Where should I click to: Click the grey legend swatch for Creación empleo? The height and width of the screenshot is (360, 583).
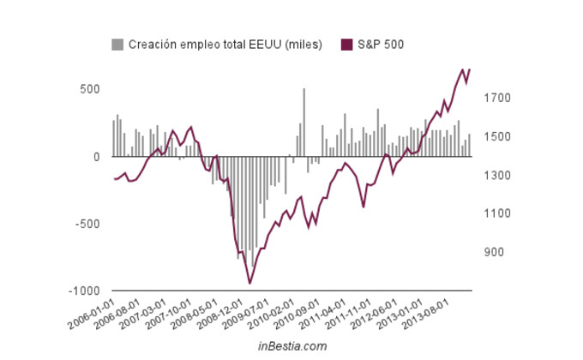click(117, 44)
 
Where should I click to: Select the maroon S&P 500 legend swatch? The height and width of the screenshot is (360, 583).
click(347, 44)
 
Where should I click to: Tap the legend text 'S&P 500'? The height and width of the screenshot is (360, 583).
click(381, 44)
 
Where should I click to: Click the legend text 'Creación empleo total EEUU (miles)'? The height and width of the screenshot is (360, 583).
click(225, 44)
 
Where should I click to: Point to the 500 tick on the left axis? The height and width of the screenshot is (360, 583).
click(90, 89)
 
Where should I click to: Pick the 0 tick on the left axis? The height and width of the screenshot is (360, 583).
click(96, 157)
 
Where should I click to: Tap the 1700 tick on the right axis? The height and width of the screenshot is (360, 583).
click(503, 99)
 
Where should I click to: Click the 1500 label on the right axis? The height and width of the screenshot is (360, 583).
click(503, 137)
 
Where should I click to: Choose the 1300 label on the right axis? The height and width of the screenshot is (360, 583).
click(503, 176)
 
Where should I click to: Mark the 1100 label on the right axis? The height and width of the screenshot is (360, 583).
click(503, 213)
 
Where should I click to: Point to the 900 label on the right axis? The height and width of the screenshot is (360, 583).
click(500, 252)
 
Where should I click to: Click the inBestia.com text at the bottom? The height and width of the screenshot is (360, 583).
click(292, 346)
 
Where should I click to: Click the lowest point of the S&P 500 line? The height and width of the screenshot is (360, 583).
click(249, 283)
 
